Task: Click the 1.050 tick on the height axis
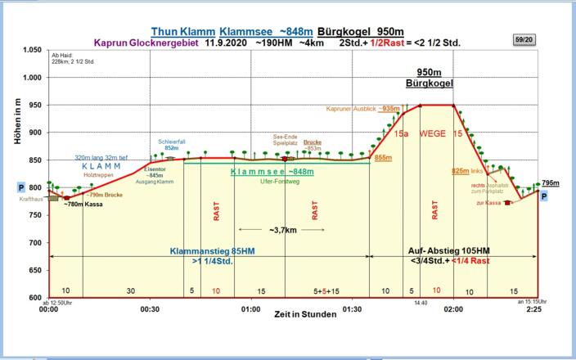[30, 50]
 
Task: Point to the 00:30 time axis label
[150, 310]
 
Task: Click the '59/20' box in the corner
[524, 38]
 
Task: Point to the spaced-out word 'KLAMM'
[101, 166]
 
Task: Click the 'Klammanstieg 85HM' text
[210, 250]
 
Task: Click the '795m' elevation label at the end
[551, 183]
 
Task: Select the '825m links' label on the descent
[466, 171]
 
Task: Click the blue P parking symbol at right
[543, 197]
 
